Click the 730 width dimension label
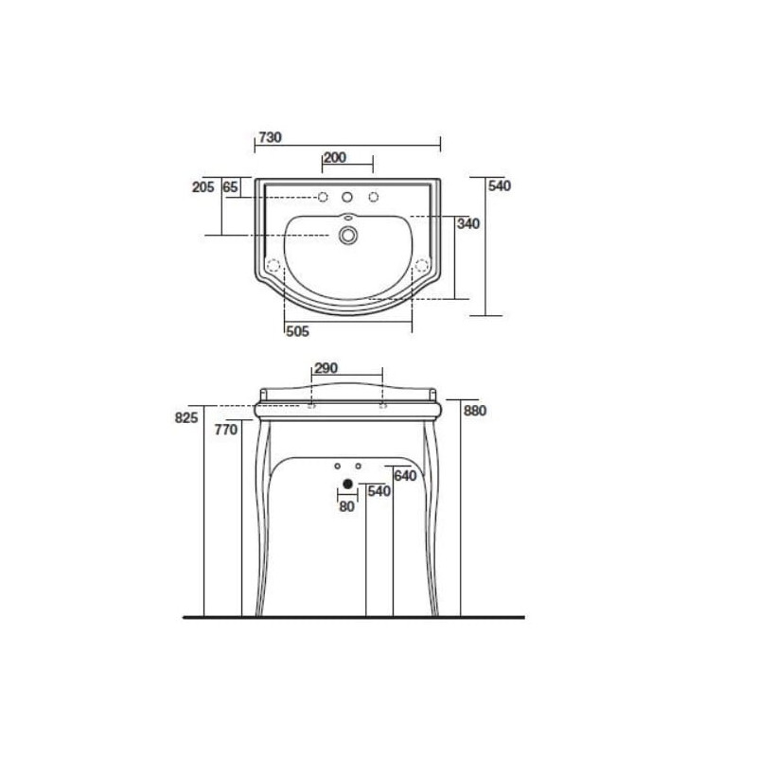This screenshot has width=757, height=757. [x=270, y=137]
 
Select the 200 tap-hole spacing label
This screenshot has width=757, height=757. [x=335, y=157]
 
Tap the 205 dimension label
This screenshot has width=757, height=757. [x=202, y=186]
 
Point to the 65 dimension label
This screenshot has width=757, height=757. [x=230, y=186]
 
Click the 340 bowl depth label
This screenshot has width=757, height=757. [x=468, y=223]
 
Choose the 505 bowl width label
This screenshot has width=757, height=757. [x=297, y=331]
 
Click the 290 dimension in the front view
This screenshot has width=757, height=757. [x=326, y=368]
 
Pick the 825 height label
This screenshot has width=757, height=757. [x=186, y=417]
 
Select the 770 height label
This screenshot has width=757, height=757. [x=226, y=430]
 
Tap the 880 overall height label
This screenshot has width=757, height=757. [x=475, y=411]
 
